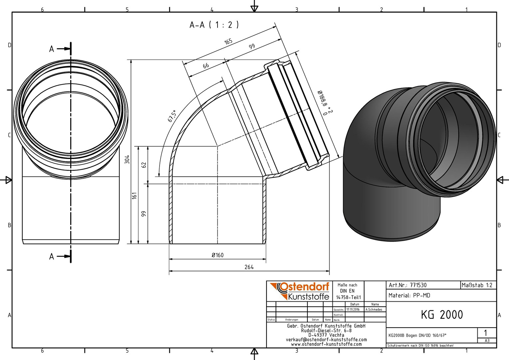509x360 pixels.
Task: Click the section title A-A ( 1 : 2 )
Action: pyautogui.click(x=214, y=25)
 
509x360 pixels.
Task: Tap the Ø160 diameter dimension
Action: pyautogui.click(x=218, y=255)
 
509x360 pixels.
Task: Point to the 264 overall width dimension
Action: pyautogui.click(x=249, y=267)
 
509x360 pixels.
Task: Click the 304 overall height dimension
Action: pyautogui.click(x=127, y=159)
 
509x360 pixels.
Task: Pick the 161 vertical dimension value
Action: pyautogui.click(x=135, y=196)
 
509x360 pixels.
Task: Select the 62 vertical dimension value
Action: pyautogui.click(x=144, y=165)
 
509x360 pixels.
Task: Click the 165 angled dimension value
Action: pyautogui.click(x=228, y=41)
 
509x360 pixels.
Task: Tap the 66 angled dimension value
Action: pyautogui.click(x=206, y=66)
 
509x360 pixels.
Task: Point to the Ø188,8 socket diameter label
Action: pyautogui.click(x=322, y=98)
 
